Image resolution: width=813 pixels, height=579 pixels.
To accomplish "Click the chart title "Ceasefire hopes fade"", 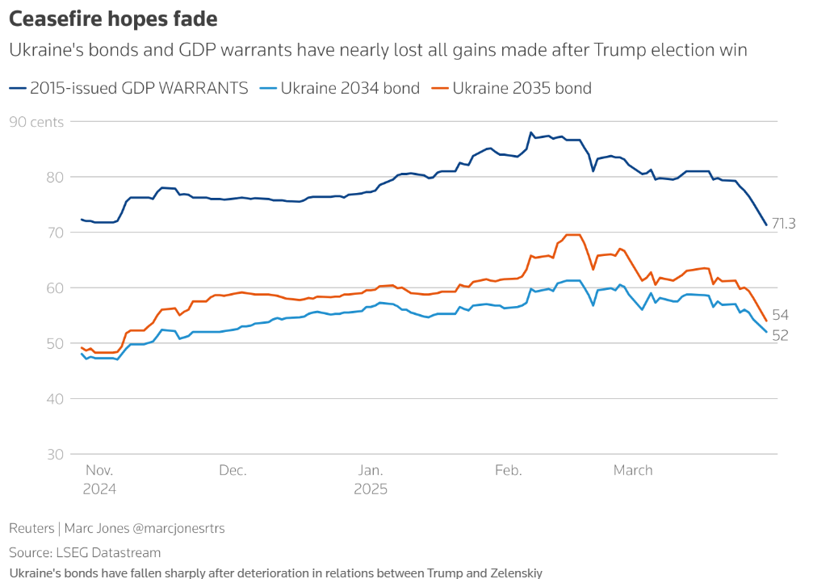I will coord(113,18).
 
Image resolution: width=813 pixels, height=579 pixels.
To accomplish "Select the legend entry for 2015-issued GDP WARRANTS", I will coord(129,88).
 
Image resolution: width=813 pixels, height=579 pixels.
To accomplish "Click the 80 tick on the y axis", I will coord(56,177).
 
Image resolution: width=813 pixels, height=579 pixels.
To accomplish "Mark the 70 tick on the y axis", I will coord(56,233).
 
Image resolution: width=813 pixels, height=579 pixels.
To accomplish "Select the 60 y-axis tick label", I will coord(56,288).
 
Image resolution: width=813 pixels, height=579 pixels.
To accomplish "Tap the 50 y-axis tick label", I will coord(56,343).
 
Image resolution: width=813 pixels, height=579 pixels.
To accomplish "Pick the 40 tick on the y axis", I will coord(56,399).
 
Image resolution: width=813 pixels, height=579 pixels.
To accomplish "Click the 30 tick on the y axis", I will coord(56,454).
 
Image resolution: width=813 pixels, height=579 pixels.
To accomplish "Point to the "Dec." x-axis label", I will coord(233,470).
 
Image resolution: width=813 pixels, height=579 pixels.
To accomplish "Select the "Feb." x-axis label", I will coord(509,470).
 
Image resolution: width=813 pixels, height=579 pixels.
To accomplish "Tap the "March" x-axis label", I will coord(632,470).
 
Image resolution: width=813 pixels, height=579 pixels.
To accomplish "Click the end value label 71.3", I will coord(785,224).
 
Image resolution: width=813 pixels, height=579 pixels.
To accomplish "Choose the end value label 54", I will coord(780,315).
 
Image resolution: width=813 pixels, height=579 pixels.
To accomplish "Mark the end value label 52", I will coord(780,335).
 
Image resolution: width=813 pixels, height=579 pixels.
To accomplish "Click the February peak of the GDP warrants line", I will coord(530,132).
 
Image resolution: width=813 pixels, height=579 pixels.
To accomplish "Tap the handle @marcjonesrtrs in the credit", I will coord(178,528).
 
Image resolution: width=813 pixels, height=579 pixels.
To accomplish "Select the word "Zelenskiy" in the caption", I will coord(513,573).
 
